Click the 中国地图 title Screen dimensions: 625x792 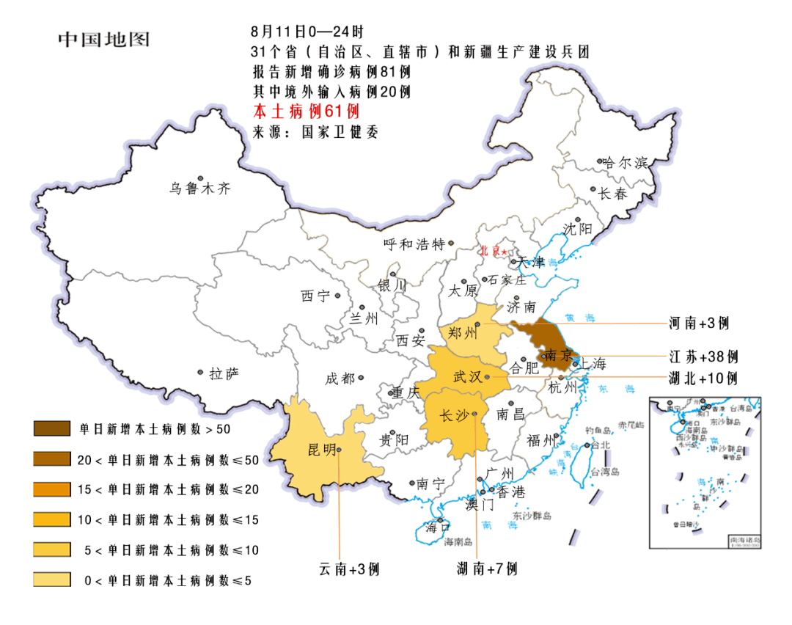[x=103, y=39]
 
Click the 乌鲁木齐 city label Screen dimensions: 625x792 [x=200, y=189]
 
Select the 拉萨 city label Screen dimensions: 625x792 [x=224, y=374]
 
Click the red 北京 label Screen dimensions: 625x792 [x=491, y=251]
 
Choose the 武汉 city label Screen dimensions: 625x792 [x=467, y=377]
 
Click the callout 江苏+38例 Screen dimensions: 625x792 [x=703, y=357]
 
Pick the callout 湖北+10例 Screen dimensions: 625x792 [x=703, y=379]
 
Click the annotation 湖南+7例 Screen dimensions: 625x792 [x=487, y=569]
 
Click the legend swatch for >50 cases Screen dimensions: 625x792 [x=51, y=427]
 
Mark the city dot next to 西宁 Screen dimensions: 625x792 [x=338, y=296]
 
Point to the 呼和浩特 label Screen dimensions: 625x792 [x=415, y=244]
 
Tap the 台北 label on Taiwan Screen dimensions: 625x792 [x=601, y=445]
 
